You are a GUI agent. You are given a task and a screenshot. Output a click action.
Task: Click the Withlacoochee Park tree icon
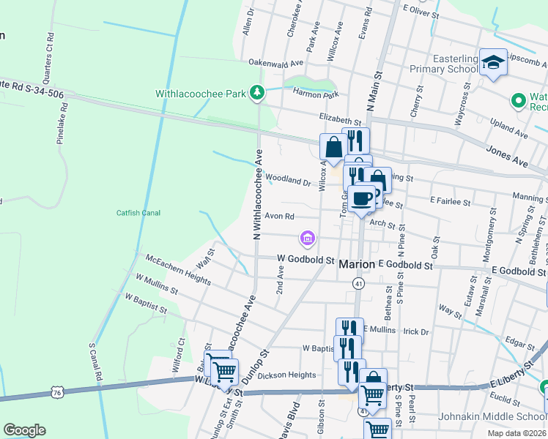[256, 93]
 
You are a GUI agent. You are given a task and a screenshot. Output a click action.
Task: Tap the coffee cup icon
[362, 198]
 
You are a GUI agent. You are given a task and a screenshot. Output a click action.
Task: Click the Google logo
[24, 430]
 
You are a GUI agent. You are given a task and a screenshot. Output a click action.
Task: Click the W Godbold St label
[306, 260]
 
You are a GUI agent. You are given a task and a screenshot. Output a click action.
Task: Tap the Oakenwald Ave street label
[275, 63]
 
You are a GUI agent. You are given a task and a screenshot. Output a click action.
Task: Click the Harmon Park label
[315, 94]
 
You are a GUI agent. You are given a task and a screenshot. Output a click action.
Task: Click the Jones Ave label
[507, 154]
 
